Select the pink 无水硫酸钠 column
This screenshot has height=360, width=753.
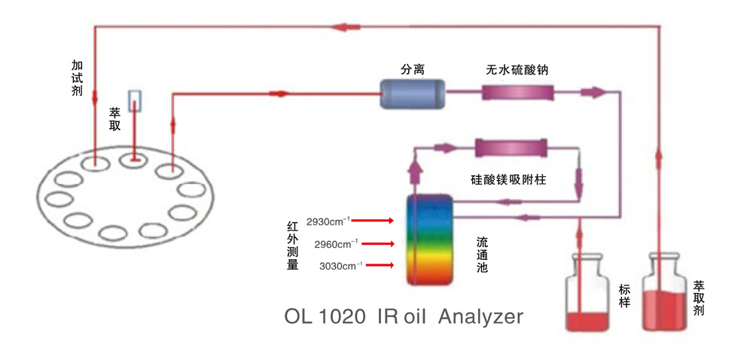click(x=517, y=94)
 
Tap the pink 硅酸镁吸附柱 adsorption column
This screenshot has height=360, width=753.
click(x=511, y=147)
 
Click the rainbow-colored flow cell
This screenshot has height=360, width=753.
click(x=429, y=239)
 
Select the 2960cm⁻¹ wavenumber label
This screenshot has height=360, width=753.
click(x=336, y=243)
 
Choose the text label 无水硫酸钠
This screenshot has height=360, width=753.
click(x=517, y=69)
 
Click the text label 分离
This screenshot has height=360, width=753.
click(x=413, y=69)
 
